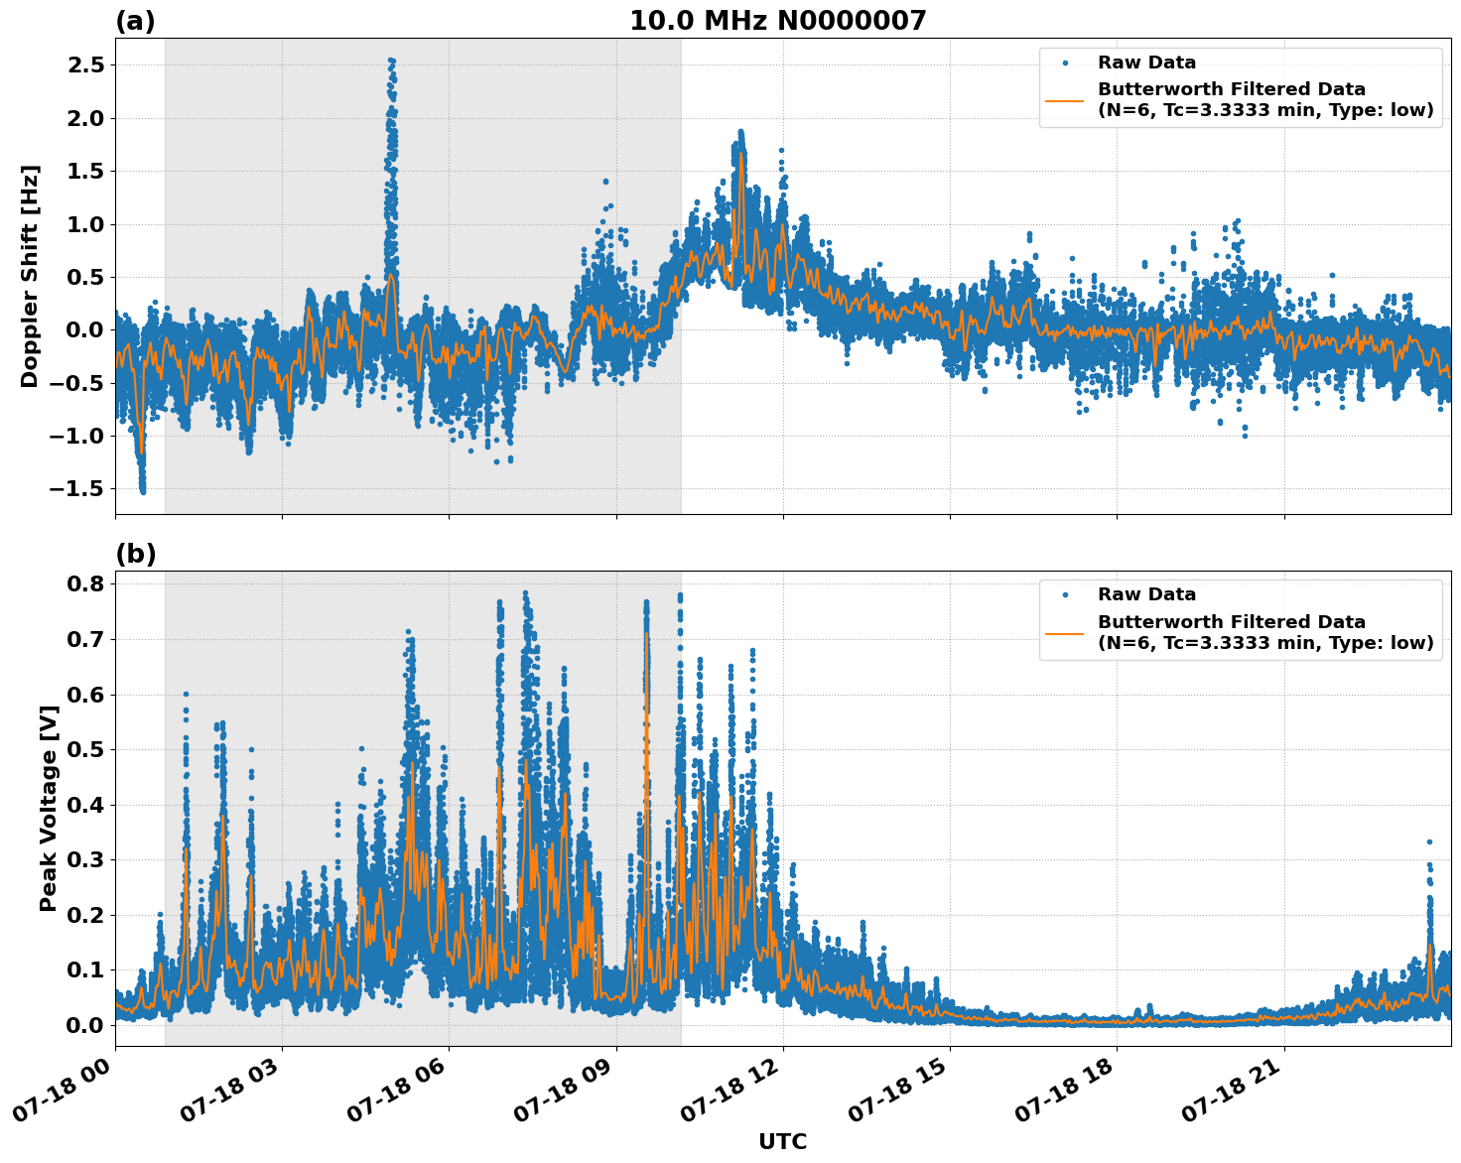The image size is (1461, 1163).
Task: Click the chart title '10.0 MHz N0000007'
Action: [x=777, y=21]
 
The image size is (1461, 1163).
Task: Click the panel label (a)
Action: [x=135, y=21]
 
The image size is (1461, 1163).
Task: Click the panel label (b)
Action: [x=135, y=554]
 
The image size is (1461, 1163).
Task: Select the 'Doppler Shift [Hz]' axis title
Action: [x=30, y=276]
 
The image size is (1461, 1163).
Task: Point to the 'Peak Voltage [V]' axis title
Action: [x=48, y=808]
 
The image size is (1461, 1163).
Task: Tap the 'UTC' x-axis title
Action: [x=782, y=1141]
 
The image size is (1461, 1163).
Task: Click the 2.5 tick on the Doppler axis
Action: [x=84, y=65]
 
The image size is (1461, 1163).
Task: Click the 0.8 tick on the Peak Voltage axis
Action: [x=84, y=583]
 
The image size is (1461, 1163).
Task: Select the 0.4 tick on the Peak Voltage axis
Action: [x=84, y=804]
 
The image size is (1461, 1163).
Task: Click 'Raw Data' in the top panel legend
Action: [x=1146, y=63]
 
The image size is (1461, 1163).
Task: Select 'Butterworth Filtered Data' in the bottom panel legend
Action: [x=1231, y=622]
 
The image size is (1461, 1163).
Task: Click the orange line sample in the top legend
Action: [x=1065, y=99]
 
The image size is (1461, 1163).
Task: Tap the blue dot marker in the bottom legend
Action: [x=1065, y=594]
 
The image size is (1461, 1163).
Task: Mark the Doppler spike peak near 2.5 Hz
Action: [x=391, y=61]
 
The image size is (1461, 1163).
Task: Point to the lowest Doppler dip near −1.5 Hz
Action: [x=142, y=490]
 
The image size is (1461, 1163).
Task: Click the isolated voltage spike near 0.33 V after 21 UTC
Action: [x=1429, y=841]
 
